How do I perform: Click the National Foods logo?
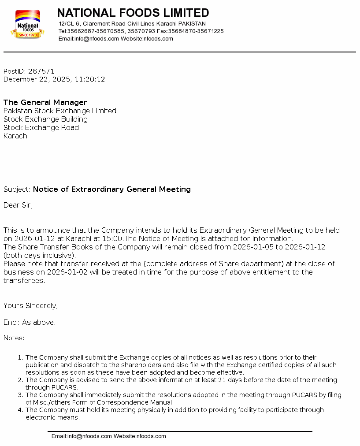(x=27, y=24)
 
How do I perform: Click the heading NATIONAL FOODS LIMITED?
(x=133, y=13)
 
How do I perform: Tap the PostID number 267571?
(x=41, y=71)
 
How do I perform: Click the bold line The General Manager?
(x=45, y=102)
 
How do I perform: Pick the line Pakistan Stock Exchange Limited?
(x=60, y=111)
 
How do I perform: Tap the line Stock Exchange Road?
(x=41, y=127)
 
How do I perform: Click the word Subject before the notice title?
(x=17, y=189)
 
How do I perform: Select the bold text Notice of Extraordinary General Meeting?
(x=112, y=189)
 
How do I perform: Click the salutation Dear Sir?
(x=18, y=205)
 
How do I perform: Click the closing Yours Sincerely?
(x=30, y=305)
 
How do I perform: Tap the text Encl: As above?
(x=30, y=322)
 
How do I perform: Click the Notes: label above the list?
(x=14, y=338)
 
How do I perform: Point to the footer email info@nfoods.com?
(x=82, y=436)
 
